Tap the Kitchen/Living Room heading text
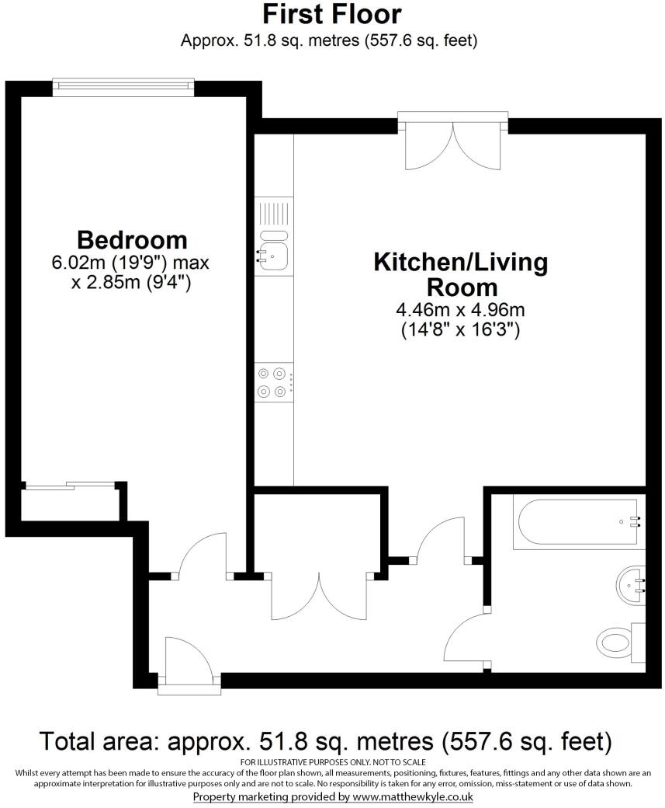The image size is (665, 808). click(x=460, y=274)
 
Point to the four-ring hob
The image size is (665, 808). click(x=273, y=382)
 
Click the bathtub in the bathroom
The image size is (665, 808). click(x=577, y=523)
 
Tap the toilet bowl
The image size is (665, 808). click(x=618, y=642)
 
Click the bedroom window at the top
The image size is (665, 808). click(x=123, y=85)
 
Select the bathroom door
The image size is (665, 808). click(x=466, y=637)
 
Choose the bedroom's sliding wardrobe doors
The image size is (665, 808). click(x=70, y=486)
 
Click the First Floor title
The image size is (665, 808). click(x=331, y=15)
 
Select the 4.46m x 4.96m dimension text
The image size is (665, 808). click(x=460, y=310)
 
